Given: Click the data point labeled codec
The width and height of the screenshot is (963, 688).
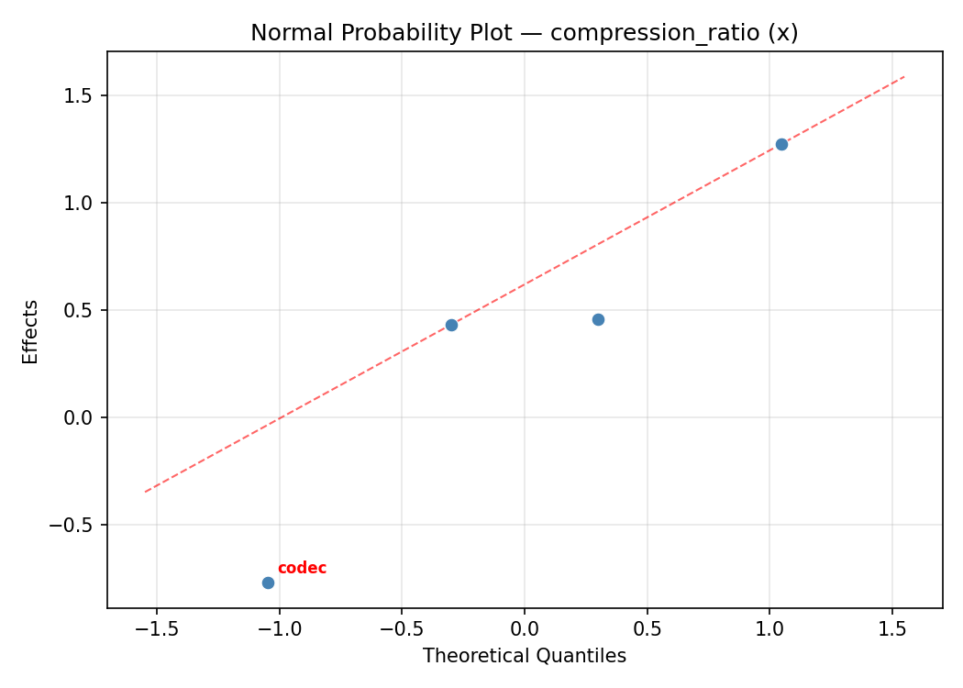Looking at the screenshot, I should pyautogui.click(x=268, y=583).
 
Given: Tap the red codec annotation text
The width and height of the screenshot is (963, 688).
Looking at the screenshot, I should pyautogui.click(x=302, y=569).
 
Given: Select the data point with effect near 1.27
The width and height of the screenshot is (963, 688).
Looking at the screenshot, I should pyautogui.click(x=781, y=144).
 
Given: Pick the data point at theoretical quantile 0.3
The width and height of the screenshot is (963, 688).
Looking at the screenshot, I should pyautogui.click(x=598, y=319).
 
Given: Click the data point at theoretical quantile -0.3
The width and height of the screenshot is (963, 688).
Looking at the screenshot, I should pyautogui.click(x=451, y=325).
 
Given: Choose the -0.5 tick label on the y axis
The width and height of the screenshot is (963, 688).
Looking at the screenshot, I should pyautogui.click(x=79, y=525).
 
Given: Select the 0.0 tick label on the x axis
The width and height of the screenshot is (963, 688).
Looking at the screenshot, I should pyautogui.click(x=525, y=630).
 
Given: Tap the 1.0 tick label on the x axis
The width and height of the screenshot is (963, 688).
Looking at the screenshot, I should pyautogui.click(x=769, y=630).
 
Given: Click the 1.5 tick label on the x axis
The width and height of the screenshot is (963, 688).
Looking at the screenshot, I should pyautogui.click(x=892, y=630).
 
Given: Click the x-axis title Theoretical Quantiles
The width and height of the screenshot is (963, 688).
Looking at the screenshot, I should pyautogui.click(x=525, y=656).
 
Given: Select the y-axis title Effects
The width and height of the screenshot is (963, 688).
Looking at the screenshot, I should pyautogui.click(x=31, y=331).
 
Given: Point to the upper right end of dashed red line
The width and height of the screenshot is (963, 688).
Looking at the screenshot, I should pyautogui.click(x=904, y=77).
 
